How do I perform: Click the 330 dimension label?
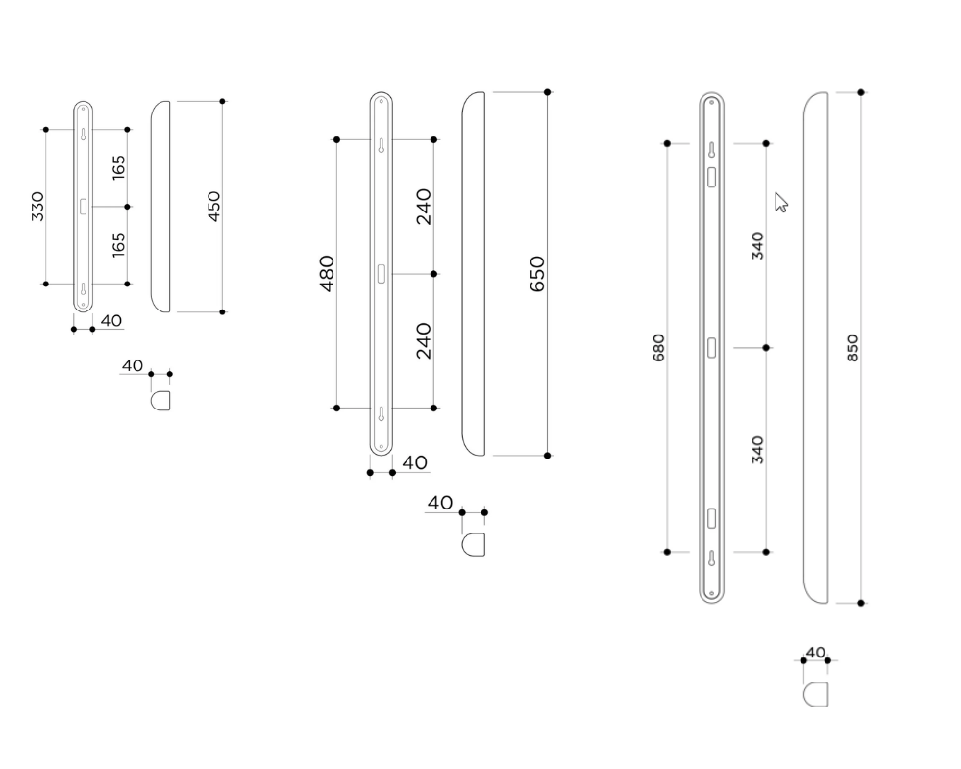tap(37, 207)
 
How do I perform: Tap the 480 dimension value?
tap(327, 273)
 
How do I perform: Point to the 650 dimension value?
tap(537, 274)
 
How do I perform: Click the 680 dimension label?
tap(658, 347)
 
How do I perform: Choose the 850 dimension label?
tap(852, 347)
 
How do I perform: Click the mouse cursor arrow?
tap(781, 201)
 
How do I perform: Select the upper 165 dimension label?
tap(118, 167)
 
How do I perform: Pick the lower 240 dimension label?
tap(424, 341)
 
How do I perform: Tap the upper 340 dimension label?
tap(757, 246)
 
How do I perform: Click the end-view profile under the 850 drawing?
tap(816, 693)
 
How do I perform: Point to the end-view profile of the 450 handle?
tap(161, 399)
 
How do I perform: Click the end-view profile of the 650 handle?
tap(474, 545)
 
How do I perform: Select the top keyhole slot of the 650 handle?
tap(382, 148)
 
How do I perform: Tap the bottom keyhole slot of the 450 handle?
tap(84, 289)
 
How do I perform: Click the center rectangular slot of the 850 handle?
tap(711, 348)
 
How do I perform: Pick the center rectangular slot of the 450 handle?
tap(84, 206)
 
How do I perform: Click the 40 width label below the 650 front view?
tap(414, 462)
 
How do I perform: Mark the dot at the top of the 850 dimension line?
tap(861, 92)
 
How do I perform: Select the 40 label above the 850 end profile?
tap(815, 652)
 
